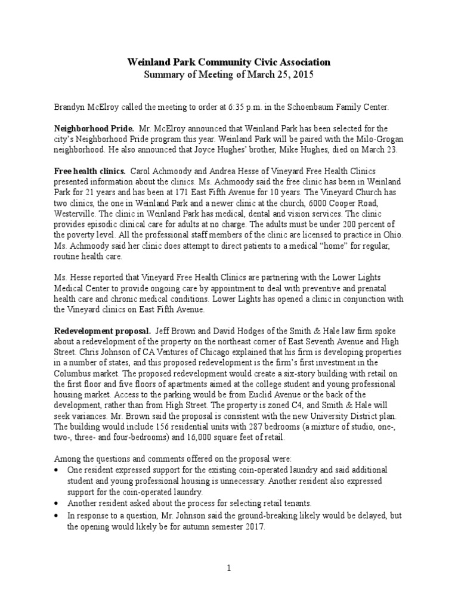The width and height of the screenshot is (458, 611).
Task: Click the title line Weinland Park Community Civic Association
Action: [229, 61]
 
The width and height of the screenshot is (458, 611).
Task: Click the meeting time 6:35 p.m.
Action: [244, 107]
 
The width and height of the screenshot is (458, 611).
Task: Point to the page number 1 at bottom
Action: [228, 569]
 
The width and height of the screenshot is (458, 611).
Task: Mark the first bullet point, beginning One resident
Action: [58, 471]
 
